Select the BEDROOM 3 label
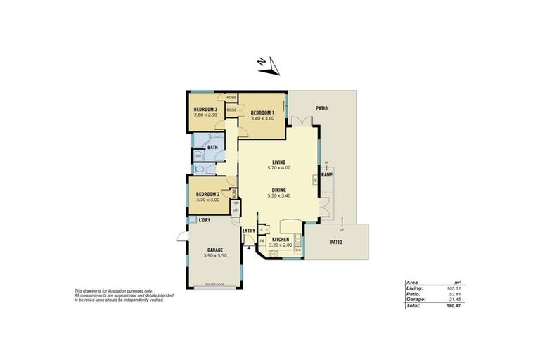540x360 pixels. (x=206, y=109)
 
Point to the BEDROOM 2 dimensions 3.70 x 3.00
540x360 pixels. (x=207, y=200)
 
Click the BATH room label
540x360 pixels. (x=212, y=147)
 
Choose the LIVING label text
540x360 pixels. (x=279, y=162)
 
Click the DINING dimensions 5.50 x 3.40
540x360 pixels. (x=279, y=195)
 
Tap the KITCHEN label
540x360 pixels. (x=281, y=240)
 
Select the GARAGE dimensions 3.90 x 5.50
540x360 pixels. (x=214, y=255)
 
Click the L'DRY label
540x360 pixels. (x=205, y=221)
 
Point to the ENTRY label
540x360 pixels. (x=248, y=231)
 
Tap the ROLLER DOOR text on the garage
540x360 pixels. (x=216, y=285)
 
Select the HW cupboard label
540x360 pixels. (x=236, y=203)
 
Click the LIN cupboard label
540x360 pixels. (x=236, y=210)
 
